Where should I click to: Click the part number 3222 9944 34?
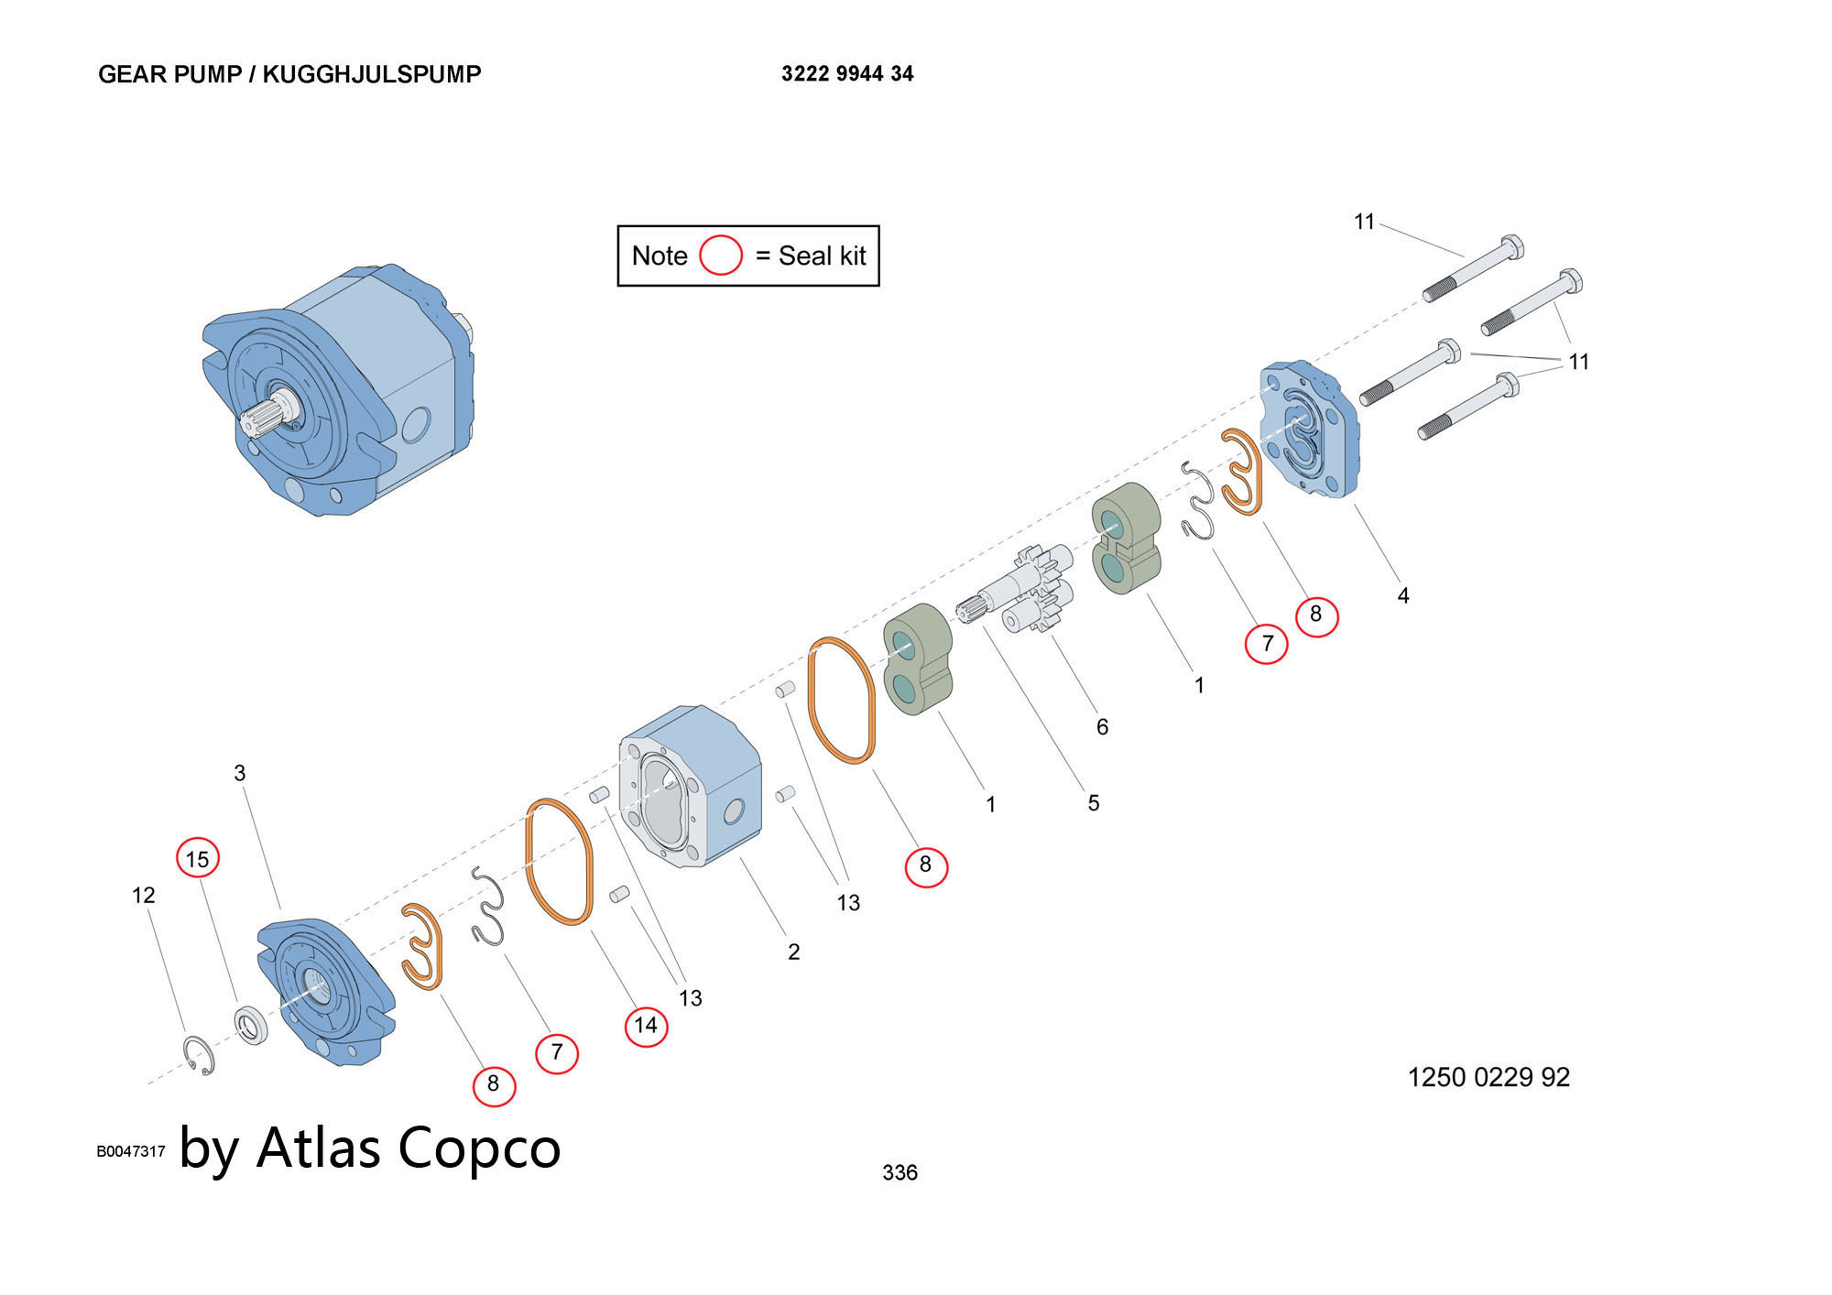tap(846, 74)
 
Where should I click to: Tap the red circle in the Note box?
tap(720, 256)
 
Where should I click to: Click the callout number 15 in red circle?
tap(198, 859)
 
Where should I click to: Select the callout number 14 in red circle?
tap(646, 1025)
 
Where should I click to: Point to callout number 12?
tap(144, 895)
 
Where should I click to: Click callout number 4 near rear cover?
tap(1402, 596)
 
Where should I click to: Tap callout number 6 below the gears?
tap(1102, 727)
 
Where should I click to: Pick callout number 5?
tap(1093, 803)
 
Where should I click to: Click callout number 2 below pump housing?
tap(793, 952)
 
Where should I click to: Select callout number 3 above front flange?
tap(240, 773)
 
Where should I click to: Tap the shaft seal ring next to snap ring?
tap(250, 1024)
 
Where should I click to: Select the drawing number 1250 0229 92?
tap(1488, 1077)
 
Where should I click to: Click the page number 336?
tap(900, 1172)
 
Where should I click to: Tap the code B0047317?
tap(131, 1151)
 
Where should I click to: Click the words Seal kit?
tap(822, 256)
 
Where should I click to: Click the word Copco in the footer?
tap(479, 1148)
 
